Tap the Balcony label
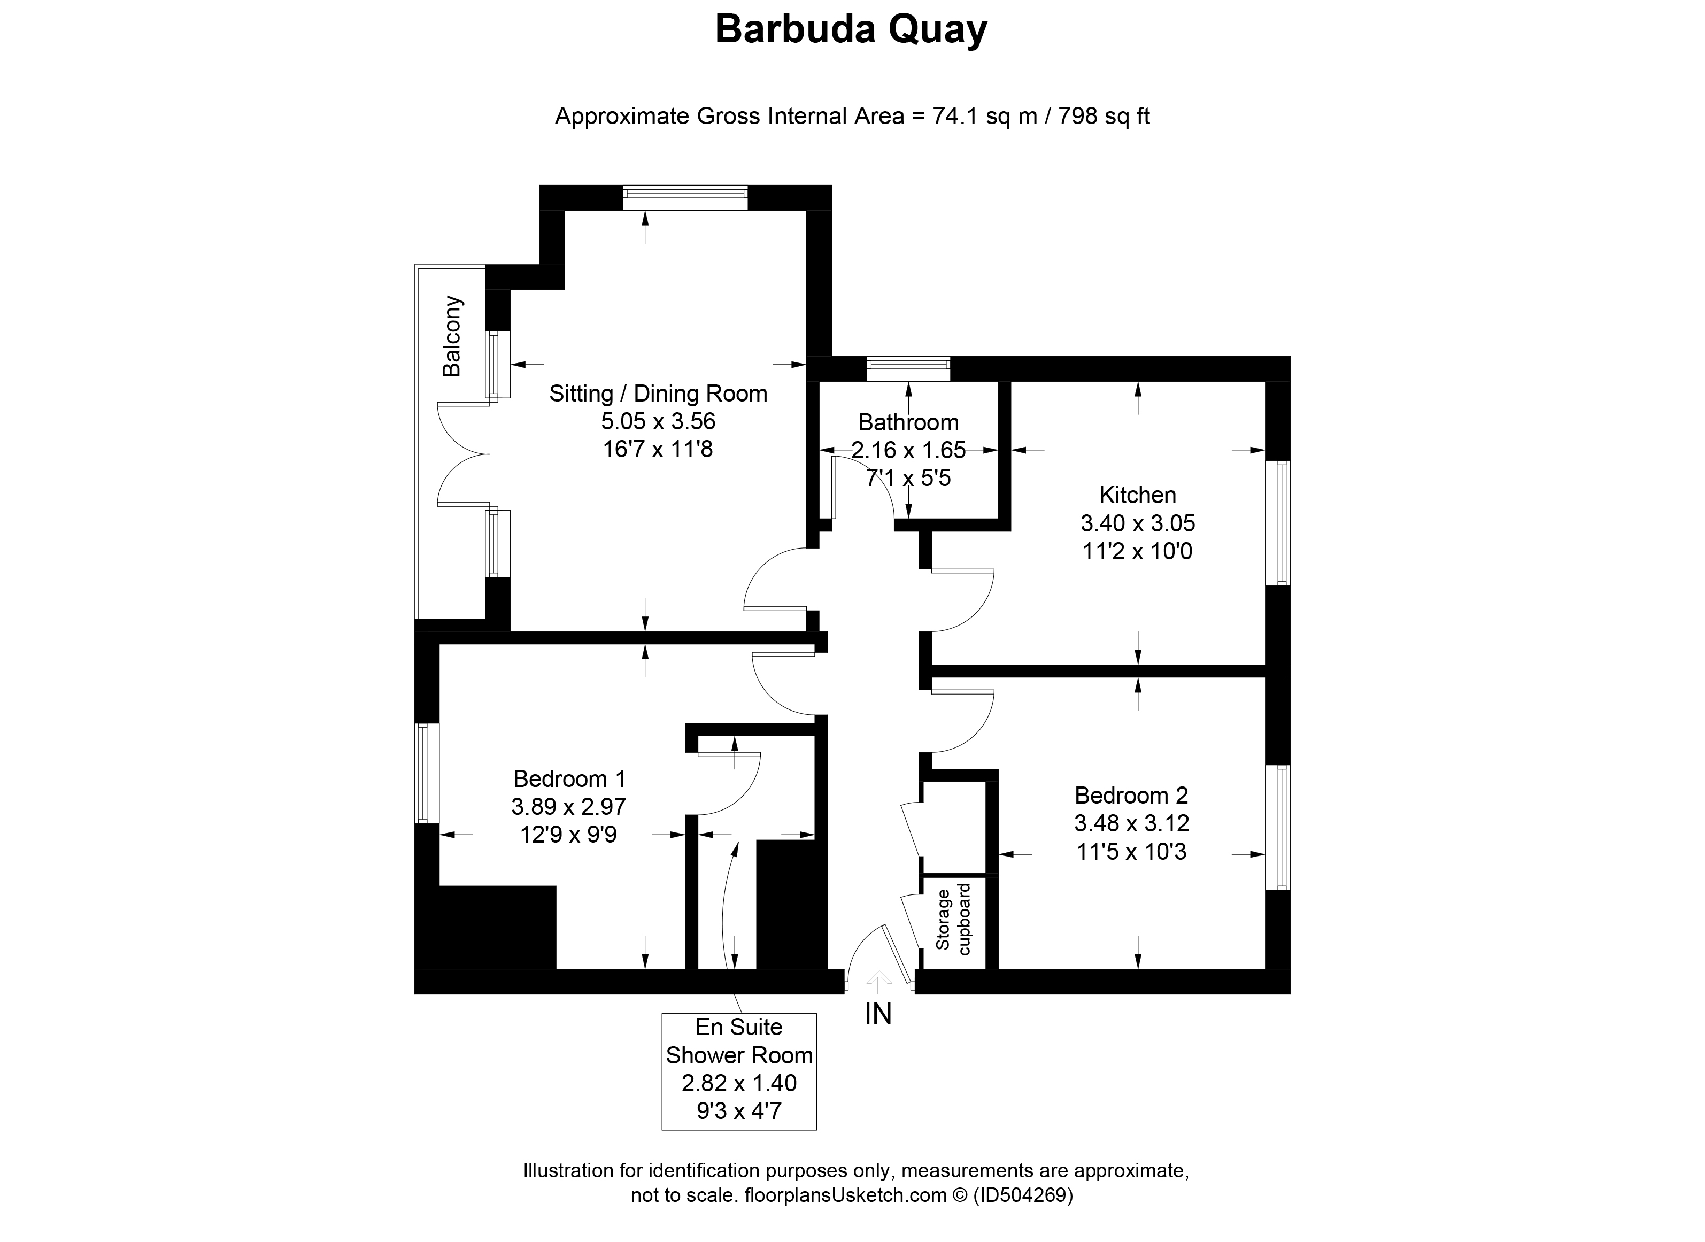pyautogui.click(x=452, y=336)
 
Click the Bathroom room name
pyautogui.click(x=908, y=422)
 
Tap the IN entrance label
pyautogui.click(x=878, y=1014)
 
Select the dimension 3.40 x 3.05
pyautogui.click(x=1137, y=523)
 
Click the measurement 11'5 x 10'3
pyautogui.click(x=1131, y=852)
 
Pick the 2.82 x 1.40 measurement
pyautogui.click(x=739, y=1083)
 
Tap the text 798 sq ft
pyautogui.click(x=1105, y=117)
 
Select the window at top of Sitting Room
pyautogui.click(x=685, y=198)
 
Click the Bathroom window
pyautogui.click(x=908, y=369)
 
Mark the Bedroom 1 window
pyautogui.click(x=428, y=774)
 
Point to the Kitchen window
pyautogui.click(x=1278, y=522)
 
